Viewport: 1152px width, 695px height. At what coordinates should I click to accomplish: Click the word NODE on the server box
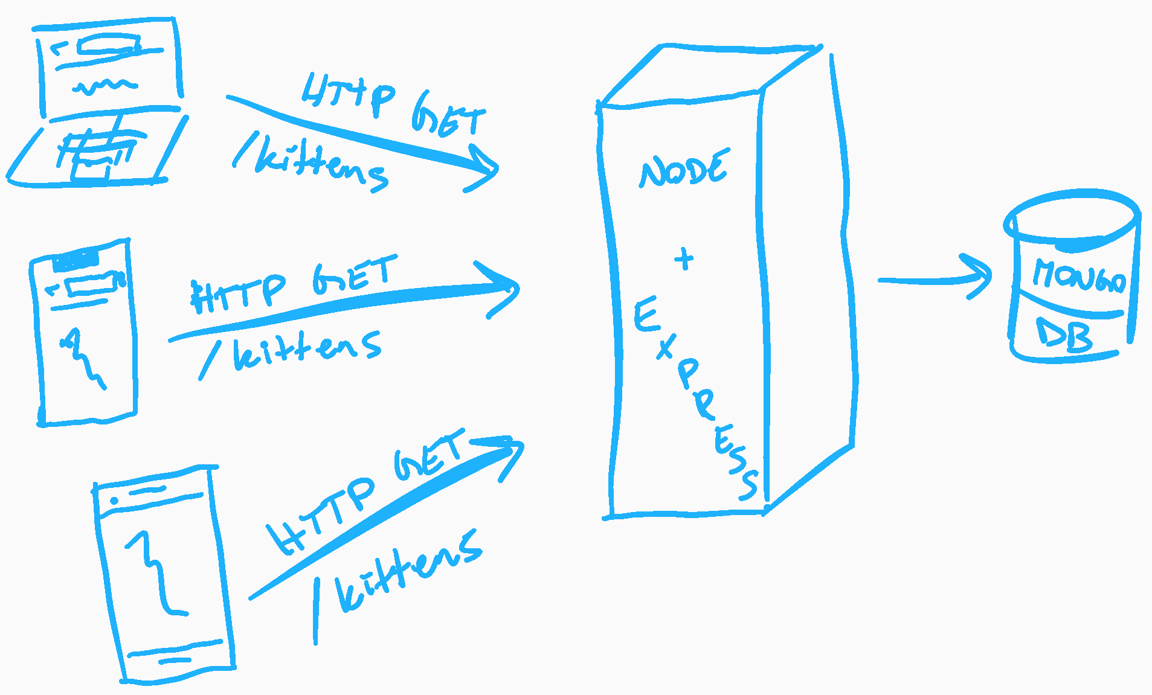[684, 170]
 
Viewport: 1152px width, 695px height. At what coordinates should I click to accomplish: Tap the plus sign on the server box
[684, 259]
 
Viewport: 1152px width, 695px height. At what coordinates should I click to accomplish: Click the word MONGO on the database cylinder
[1078, 276]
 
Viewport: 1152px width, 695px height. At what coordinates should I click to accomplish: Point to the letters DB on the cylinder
[1064, 335]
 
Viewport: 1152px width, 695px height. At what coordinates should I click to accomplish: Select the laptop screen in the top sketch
[109, 66]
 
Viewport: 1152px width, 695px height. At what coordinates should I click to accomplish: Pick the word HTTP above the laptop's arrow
[349, 94]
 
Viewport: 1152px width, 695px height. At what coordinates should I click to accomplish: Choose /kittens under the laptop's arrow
[311, 163]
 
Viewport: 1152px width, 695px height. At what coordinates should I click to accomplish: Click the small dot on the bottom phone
[114, 501]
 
